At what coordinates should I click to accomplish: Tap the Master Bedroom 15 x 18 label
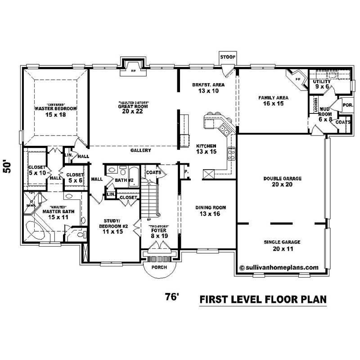pyautogui.click(x=55, y=112)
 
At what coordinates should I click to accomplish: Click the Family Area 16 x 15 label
pyautogui.click(x=273, y=100)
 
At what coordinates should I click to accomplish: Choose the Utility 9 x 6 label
pyautogui.click(x=322, y=84)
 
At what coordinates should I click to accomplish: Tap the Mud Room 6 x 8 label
pyautogui.click(x=325, y=114)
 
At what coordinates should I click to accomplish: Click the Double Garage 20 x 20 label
pyautogui.click(x=282, y=181)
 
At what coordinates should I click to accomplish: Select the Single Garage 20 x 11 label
pyautogui.click(x=282, y=245)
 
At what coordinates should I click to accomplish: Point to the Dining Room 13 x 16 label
pyautogui.click(x=210, y=211)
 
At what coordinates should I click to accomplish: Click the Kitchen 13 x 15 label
pyautogui.click(x=206, y=149)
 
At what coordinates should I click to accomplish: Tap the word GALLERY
pyautogui.click(x=141, y=150)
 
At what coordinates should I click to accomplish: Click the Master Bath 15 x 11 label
pyautogui.click(x=55, y=214)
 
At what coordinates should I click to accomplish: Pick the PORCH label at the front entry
pyautogui.click(x=159, y=267)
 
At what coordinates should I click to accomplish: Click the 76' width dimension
pyautogui.click(x=173, y=297)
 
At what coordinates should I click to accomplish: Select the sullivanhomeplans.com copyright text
pyautogui.click(x=279, y=267)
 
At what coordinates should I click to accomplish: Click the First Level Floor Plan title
pyautogui.click(x=262, y=299)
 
